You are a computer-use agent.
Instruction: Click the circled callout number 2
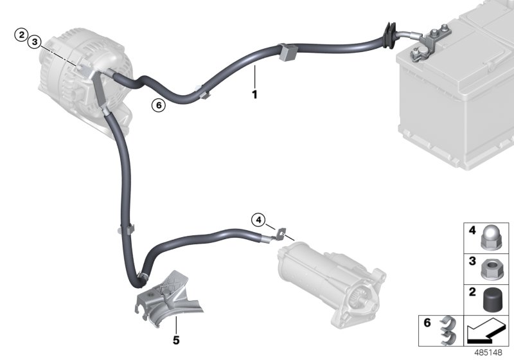click(22, 33)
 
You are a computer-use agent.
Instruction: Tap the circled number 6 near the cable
click(158, 105)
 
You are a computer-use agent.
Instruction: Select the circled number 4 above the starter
click(258, 221)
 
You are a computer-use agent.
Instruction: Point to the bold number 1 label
click(254, 95)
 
